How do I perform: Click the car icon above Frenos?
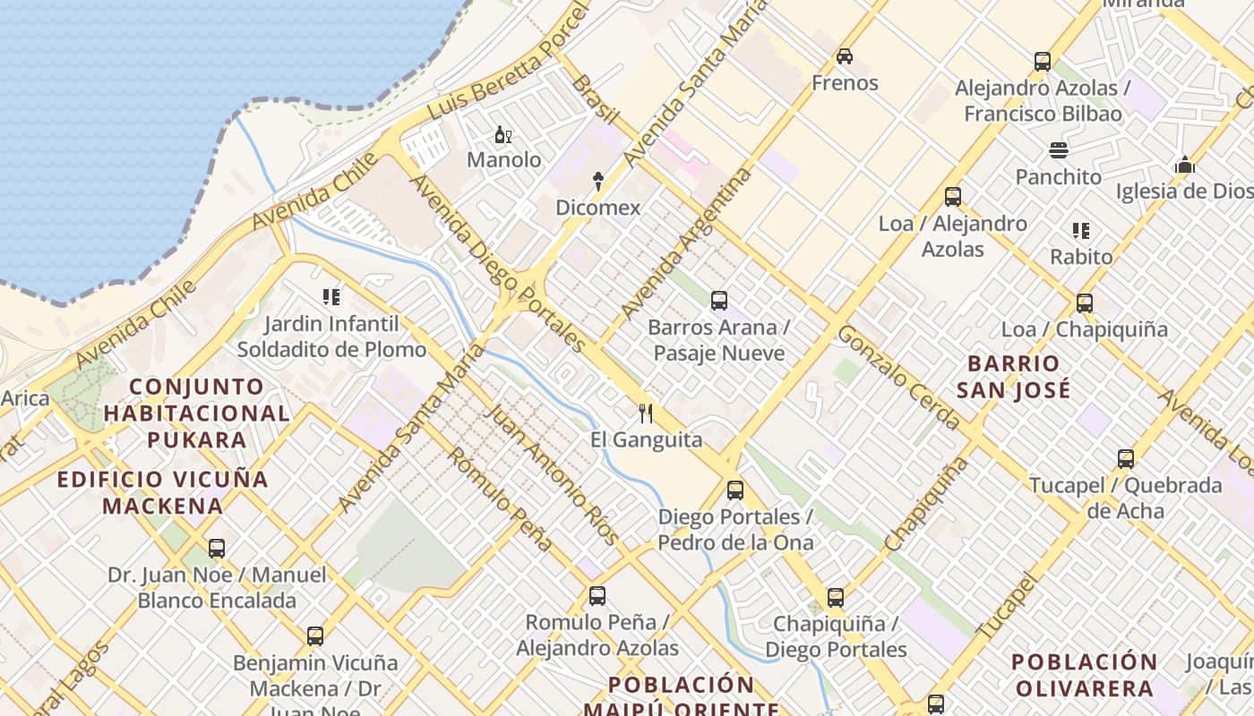click(844, 56)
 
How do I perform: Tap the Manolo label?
click(504, 160)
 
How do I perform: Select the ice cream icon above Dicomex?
click(598, 182)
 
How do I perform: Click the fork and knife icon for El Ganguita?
click(645, 413)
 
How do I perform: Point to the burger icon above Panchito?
click(1059, 149)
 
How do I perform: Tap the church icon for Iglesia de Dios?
click(1185, 165)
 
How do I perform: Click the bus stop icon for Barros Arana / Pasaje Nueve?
click(718, 301)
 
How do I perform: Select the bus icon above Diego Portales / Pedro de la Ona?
click(735, 490)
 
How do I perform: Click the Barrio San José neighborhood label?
click(1013, 377)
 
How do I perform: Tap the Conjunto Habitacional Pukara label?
click(197, 413)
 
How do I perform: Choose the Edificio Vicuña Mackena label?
click(163, 492)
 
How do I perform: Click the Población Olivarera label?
click(1084, 675)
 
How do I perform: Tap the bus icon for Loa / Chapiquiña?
click(1085, 303)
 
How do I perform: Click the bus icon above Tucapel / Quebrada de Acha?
click(1126, 459)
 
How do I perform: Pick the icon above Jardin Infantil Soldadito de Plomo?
click(331, 297)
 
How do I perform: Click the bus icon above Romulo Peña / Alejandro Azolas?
click(597, 596)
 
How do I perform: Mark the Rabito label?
click(1081, 257)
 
